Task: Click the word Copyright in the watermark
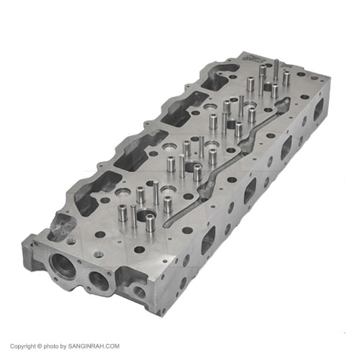pos(23,346)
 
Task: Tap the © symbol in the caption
pos(40,346)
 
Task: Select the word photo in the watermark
pos(51,346)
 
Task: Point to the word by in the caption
pos(63,346)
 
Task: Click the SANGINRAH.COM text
pos(94,346)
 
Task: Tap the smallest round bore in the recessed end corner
pos(139,292)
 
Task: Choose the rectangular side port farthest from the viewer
pos(318,109)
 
